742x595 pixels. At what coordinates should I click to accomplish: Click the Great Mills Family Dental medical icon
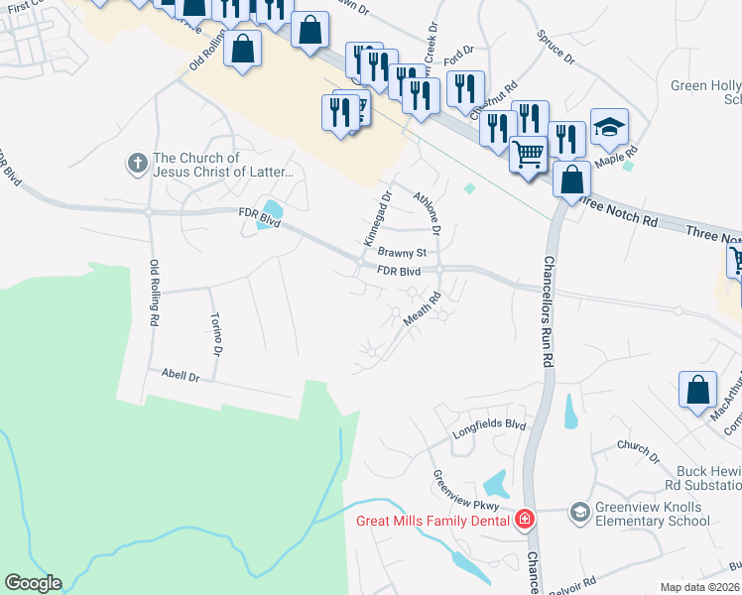(525, 520)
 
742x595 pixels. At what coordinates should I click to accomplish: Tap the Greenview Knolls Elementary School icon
(578, 513)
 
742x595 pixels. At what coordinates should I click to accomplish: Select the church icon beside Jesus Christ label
(138, 161)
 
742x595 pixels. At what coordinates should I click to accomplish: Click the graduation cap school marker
(609, 127)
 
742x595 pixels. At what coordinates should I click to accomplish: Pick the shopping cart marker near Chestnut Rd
(529, 154)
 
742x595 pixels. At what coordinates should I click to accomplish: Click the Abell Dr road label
(181, 377)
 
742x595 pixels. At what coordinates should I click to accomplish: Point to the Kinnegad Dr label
(372, 220)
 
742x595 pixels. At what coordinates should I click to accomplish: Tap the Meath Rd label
(422, 307)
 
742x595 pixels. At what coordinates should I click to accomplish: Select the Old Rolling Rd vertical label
(154, 294)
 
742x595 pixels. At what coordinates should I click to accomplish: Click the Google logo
(33, 583)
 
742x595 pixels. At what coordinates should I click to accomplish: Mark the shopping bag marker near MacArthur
(697, 389)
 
